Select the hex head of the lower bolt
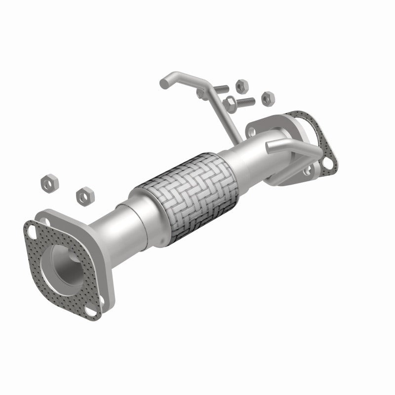230,103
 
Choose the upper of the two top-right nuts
241,86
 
